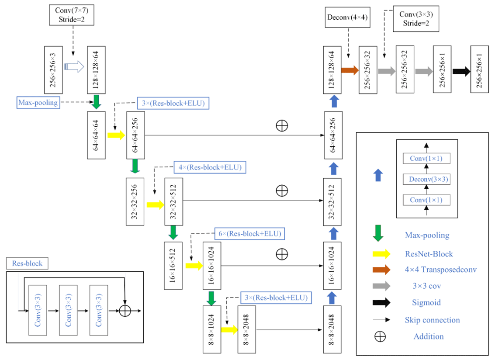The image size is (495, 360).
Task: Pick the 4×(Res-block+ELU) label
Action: [211, 167]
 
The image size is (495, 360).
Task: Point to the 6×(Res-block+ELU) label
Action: [249, 233]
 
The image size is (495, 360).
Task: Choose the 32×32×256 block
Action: [135, 201]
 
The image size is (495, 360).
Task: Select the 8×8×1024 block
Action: [211, 329]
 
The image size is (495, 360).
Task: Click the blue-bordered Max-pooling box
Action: [38, 103]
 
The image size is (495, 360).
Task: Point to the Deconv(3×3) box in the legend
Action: [426, 179]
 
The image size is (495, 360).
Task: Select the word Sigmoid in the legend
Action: [426, 302]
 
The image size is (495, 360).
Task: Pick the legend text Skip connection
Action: [432, 320]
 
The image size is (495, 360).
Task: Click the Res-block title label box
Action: [27, 263]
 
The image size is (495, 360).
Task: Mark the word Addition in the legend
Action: [428, 336]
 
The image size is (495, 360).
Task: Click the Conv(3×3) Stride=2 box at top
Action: [416, 18]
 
